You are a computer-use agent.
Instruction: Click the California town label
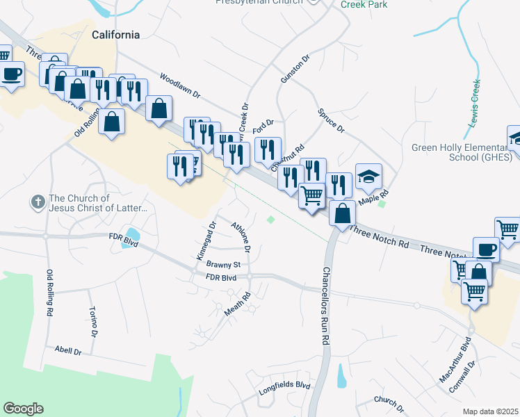[x=116, y=35]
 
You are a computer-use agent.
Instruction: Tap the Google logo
[x=23, y=409]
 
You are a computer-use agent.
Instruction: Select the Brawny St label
[x=223, y=265]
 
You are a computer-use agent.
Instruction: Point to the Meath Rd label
[x=237, y=305]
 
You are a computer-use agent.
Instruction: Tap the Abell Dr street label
[x=68, y=352]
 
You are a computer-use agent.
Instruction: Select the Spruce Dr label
[x=331, y=120]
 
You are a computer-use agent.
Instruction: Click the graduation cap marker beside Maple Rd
[x=369, y=176]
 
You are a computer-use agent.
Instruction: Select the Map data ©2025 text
[x=490, y=411]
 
